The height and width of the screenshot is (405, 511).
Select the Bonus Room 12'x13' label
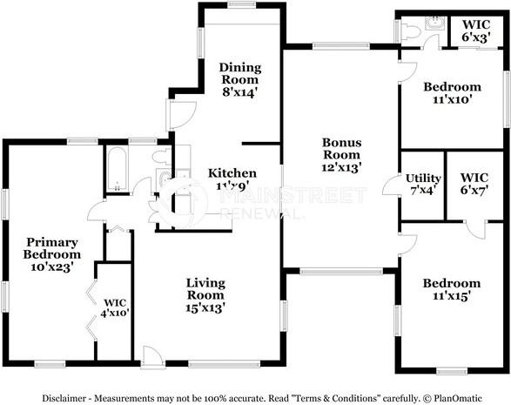point(342,155)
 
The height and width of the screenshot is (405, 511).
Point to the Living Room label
point(205,294)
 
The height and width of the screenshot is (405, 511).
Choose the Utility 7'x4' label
point(423,185)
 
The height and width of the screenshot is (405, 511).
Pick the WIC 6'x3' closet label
point(475,30)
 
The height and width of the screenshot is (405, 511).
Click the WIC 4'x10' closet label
point(115,307)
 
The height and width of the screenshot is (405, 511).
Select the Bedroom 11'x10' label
point(452,93)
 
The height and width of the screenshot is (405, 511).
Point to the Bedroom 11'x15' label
point(451,289)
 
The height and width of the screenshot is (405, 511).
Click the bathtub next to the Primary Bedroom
point(118,170)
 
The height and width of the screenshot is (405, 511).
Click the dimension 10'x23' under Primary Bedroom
point(53,267)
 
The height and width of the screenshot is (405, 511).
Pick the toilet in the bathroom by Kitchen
point(161,157)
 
